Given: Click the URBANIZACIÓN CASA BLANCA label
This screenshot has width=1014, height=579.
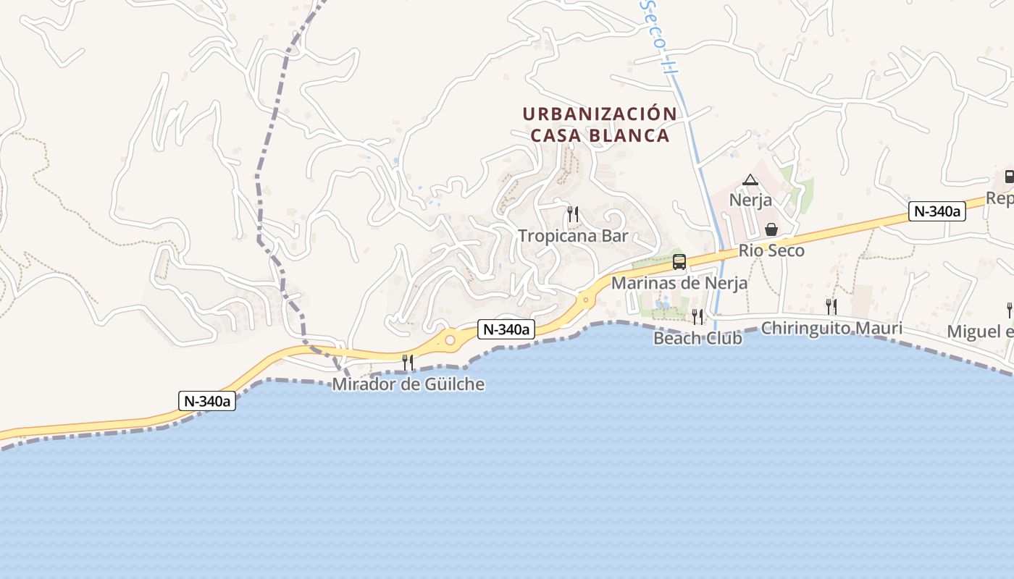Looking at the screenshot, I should (600, 124).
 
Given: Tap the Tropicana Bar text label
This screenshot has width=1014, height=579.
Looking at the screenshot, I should (573, 236).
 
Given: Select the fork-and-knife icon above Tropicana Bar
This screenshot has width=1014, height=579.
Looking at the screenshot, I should (572, 214).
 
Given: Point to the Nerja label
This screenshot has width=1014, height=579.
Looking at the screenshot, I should (750, 200).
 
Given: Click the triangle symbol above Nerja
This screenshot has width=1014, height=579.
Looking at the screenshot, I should (750, 180).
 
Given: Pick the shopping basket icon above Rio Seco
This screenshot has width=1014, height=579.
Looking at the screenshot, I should (771, 229).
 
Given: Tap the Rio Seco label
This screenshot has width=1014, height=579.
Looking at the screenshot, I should (771, 251).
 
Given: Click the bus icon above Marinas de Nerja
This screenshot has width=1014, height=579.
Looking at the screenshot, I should (679, 262).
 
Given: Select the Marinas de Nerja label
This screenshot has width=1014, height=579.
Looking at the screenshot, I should (679, 283).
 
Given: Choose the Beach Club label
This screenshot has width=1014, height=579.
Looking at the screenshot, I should (697, 338).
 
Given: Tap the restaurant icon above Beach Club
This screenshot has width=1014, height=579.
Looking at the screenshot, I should (697, 316).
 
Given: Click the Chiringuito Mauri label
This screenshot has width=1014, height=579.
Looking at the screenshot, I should (831, 329).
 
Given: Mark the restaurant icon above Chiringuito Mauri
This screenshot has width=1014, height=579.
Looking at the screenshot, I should (831, 307).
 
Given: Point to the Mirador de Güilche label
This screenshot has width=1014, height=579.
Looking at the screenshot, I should (408, 384).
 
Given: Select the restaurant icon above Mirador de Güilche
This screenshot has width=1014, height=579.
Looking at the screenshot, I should (408, 362).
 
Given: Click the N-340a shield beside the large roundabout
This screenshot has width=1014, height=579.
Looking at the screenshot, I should (506, 329).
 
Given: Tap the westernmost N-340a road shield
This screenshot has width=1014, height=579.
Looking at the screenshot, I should (207, 401).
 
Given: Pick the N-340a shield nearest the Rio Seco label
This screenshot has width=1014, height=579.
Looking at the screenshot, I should (937, 211).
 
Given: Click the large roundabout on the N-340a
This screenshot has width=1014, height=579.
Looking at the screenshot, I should (450, 339).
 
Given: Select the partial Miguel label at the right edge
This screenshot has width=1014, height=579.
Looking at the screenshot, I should (981, 331).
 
